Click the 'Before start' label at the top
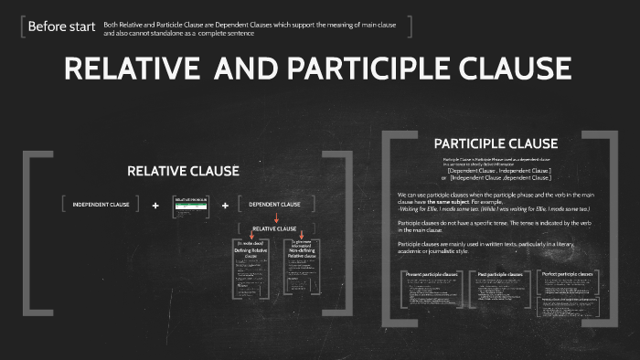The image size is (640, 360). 61,26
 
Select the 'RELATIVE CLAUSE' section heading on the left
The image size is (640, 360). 183,171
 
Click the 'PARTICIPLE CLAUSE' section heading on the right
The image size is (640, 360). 496,143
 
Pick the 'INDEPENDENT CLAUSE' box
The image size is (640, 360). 101,205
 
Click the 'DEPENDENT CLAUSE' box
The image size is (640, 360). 274,205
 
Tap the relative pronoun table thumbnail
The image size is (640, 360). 191,205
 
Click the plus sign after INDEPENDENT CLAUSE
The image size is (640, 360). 155,205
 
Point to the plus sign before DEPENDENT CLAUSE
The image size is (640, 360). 225,205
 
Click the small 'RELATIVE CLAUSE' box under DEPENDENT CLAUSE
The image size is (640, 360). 274,228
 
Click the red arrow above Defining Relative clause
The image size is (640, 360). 252,237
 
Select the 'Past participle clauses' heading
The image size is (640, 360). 500,274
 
